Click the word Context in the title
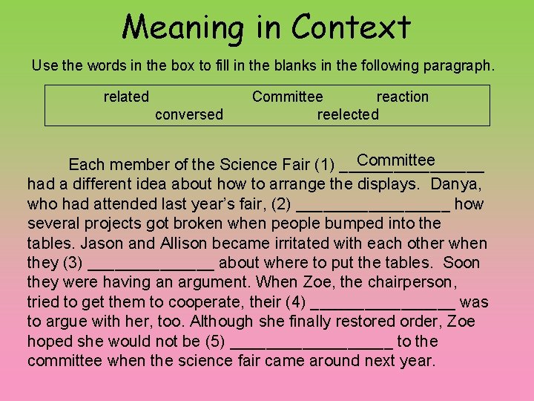point(351,28)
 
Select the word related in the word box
point(126,97)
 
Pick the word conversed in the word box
point(188,114)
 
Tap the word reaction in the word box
point(403,97)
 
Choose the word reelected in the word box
point(348,114)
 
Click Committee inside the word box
point(287,97)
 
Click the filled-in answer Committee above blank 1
point(395,160)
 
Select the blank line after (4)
point(383,304)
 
